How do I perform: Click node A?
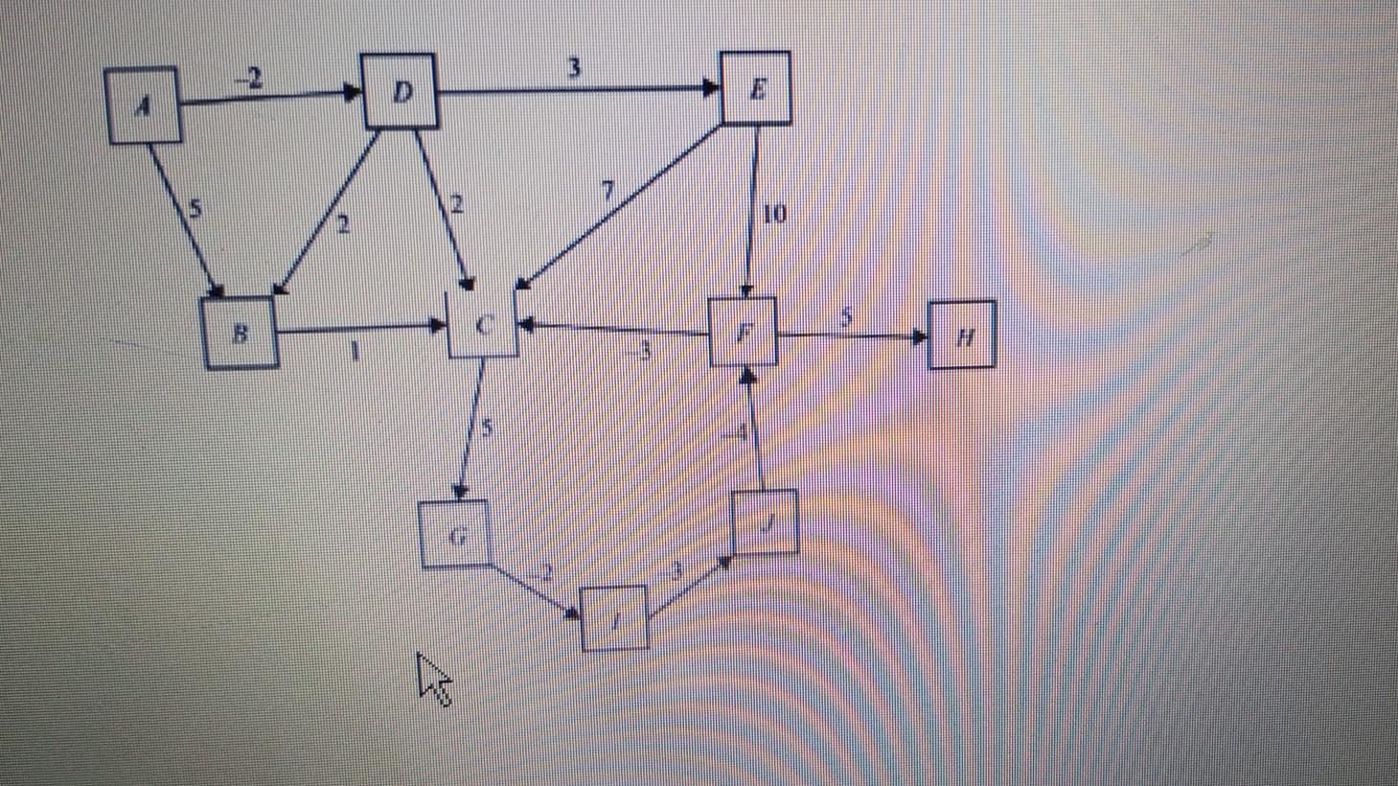tap(144, 105)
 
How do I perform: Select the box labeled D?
tap(401, 91)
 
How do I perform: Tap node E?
tap(755, 88)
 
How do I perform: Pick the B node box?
tap(241, 333)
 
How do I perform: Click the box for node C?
tap(484, 324)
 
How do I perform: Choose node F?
tap(743, 333)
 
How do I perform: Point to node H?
tap(963, 335)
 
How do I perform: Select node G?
tap(456, 534)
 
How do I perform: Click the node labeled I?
tap(615, 617)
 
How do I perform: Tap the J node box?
tap(765, 522)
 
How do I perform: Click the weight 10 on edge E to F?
tap(774, 214)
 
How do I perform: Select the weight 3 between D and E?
tap(574, 69)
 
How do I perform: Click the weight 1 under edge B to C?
tap(355, 352)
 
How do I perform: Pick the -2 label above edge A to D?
tap(249, 79)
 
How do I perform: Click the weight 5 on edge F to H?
tap(846, 317)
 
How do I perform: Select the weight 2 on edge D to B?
tap(343, 225)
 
